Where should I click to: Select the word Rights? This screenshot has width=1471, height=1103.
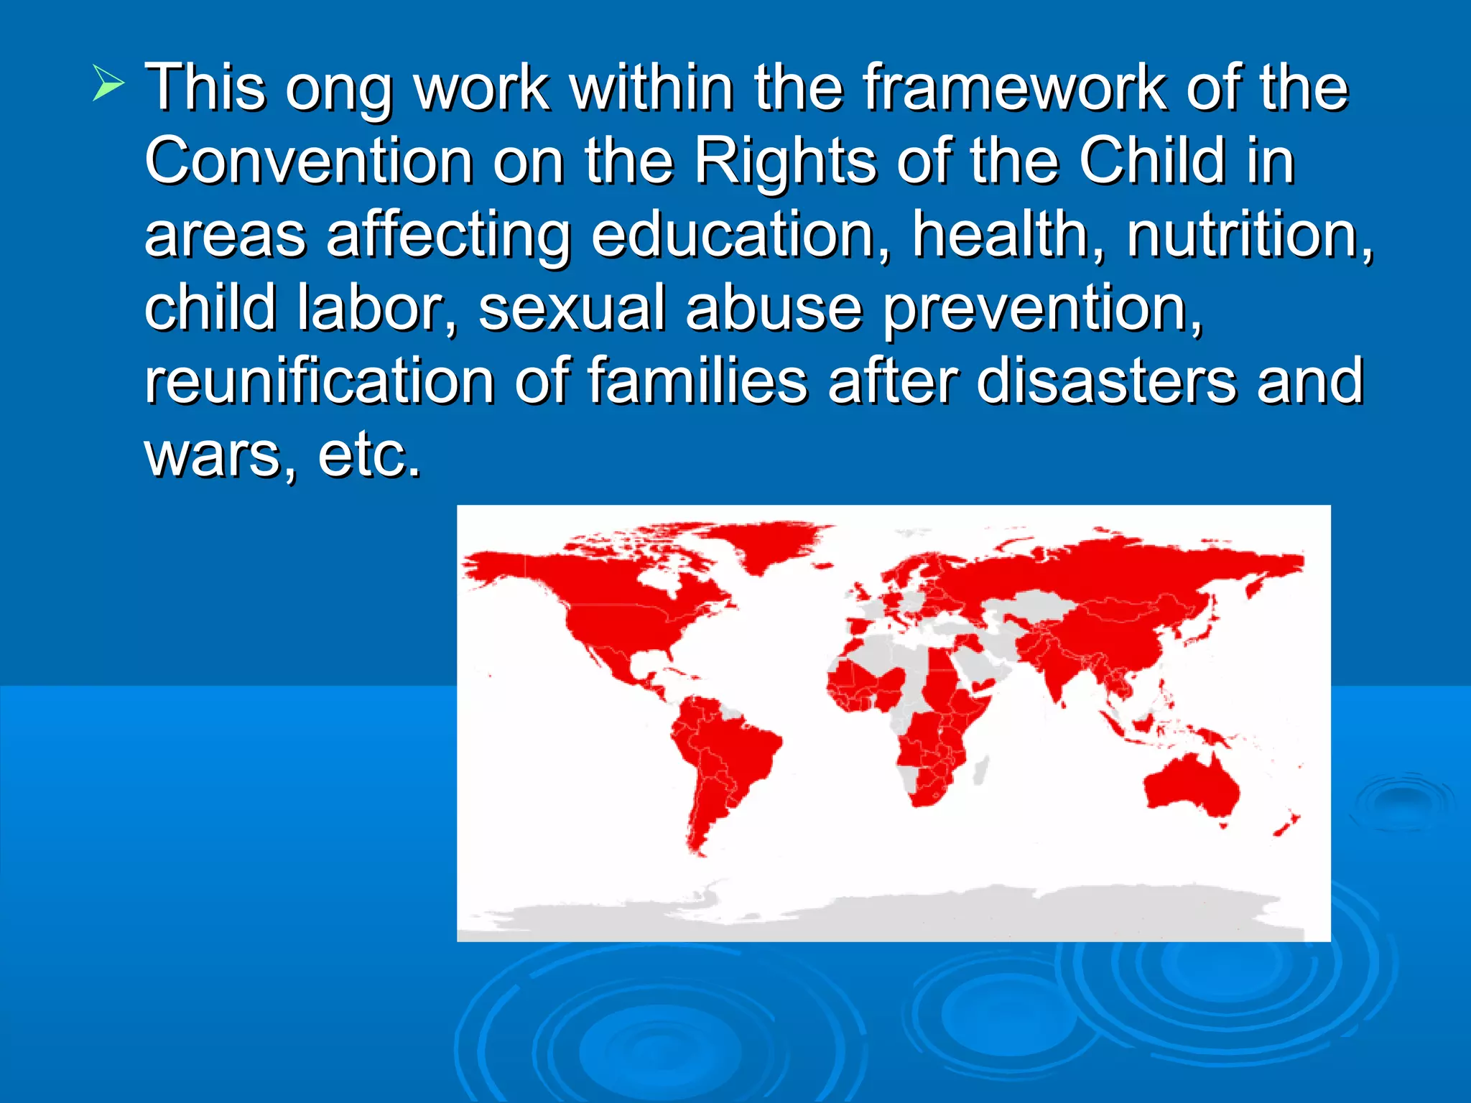coord(785,162)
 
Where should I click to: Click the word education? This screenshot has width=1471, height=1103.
coord(740,236)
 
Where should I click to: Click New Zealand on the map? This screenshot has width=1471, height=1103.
coord(1286,826)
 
